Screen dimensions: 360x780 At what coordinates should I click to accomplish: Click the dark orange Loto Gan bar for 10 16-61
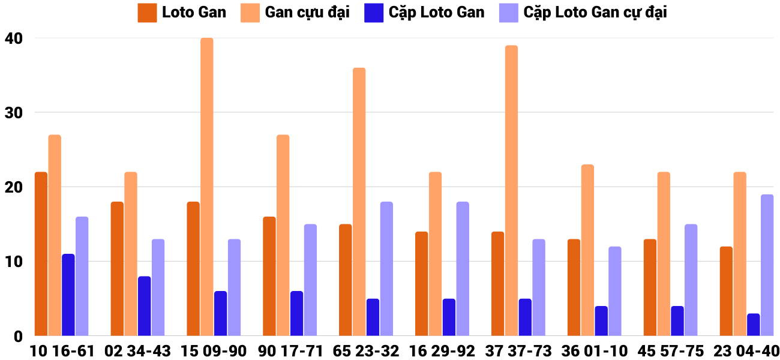point(41,254)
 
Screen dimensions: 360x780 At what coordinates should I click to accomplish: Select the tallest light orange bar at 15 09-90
point(207,187)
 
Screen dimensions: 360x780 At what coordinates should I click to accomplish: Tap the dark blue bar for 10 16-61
point(68,295)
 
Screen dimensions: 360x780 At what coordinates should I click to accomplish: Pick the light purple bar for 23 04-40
point(767,265)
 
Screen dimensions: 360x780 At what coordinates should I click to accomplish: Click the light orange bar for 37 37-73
point(511,190)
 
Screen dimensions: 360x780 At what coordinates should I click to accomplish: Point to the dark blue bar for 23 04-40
point(754,325)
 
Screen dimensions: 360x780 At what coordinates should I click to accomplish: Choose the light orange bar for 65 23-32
point(359,202)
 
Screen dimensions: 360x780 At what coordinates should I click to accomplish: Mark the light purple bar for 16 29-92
point(463,269)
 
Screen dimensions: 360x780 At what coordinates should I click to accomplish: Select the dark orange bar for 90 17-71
point(269,276)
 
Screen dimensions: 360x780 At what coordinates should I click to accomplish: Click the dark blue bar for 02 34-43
point(145,306)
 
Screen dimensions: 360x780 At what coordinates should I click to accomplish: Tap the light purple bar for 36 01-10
point(615,291)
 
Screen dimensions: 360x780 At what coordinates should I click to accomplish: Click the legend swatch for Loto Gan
point(147,13)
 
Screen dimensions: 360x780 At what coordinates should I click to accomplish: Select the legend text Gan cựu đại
point(307,13)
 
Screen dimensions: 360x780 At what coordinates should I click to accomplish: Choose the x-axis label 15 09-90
point(214,351)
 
